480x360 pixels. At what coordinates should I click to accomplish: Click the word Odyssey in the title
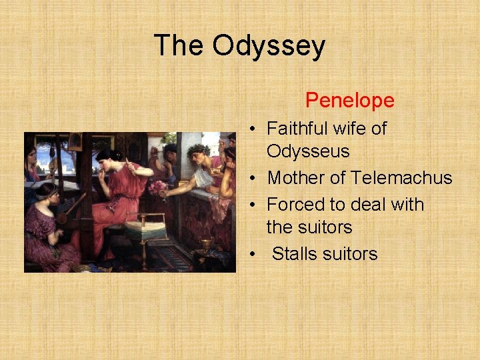pyautogui.click(x=269, y=45)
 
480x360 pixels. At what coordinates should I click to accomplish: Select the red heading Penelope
pyautogui.click(x=350, y=101)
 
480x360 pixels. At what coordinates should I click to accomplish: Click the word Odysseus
pyautogui.click(x=308, y=151)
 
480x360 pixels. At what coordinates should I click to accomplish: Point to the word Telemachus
pyautogui.click(x=401, y=178)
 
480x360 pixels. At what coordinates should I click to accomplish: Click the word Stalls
pyautogui.click(x=296, y=254)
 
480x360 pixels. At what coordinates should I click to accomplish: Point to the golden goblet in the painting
pyautogui.click(x=207, y=243)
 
